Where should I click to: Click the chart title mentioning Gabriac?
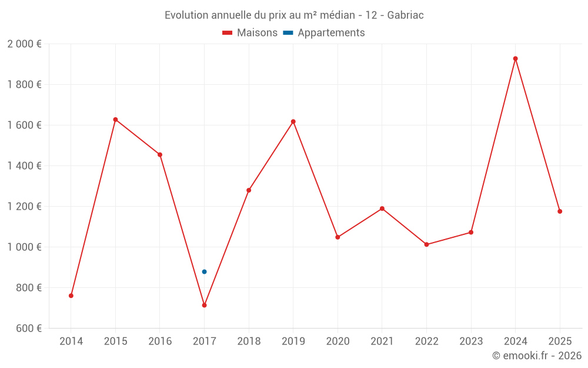pos(294,15)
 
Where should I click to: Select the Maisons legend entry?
pos(250,33)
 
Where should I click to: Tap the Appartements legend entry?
pos(324,33)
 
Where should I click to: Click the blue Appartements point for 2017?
pos(204,271)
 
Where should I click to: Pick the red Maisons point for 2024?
pos(515,58)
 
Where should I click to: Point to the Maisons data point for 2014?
pos(71,296)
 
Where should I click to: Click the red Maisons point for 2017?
pos(204,305)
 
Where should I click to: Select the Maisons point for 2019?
pos(293,121)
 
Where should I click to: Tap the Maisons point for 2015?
pos(115,120)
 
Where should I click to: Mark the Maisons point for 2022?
pos(426,244)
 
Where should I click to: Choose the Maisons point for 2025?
pos(560,211)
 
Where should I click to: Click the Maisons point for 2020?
pos(338,237)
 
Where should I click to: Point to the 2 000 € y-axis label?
pos(24,44)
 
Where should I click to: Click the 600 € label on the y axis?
pos(28,329)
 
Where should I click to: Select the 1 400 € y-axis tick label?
pos(24,166)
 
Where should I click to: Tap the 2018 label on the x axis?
pos(249,342)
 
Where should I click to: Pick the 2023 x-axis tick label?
pos(471,342)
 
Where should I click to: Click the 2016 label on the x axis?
pos(160,342)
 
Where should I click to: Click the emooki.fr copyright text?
pos(536,356)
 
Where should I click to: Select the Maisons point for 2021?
pos(382,208)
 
